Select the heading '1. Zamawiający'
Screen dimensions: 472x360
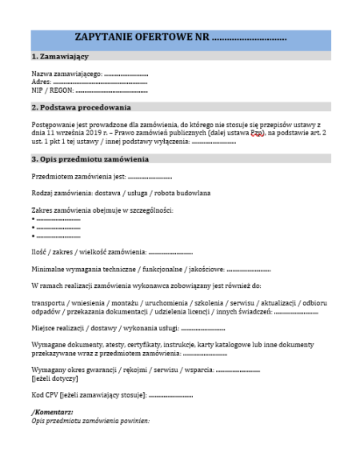coord(60,58)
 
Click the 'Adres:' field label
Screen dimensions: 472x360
coord(41,82)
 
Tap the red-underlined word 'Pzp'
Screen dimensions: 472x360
coord(257,133)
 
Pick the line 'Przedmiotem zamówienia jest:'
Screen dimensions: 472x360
coord(78,177)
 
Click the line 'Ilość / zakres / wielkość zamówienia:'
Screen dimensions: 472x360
coord(89,252)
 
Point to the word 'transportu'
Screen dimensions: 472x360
coord(49,304)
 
